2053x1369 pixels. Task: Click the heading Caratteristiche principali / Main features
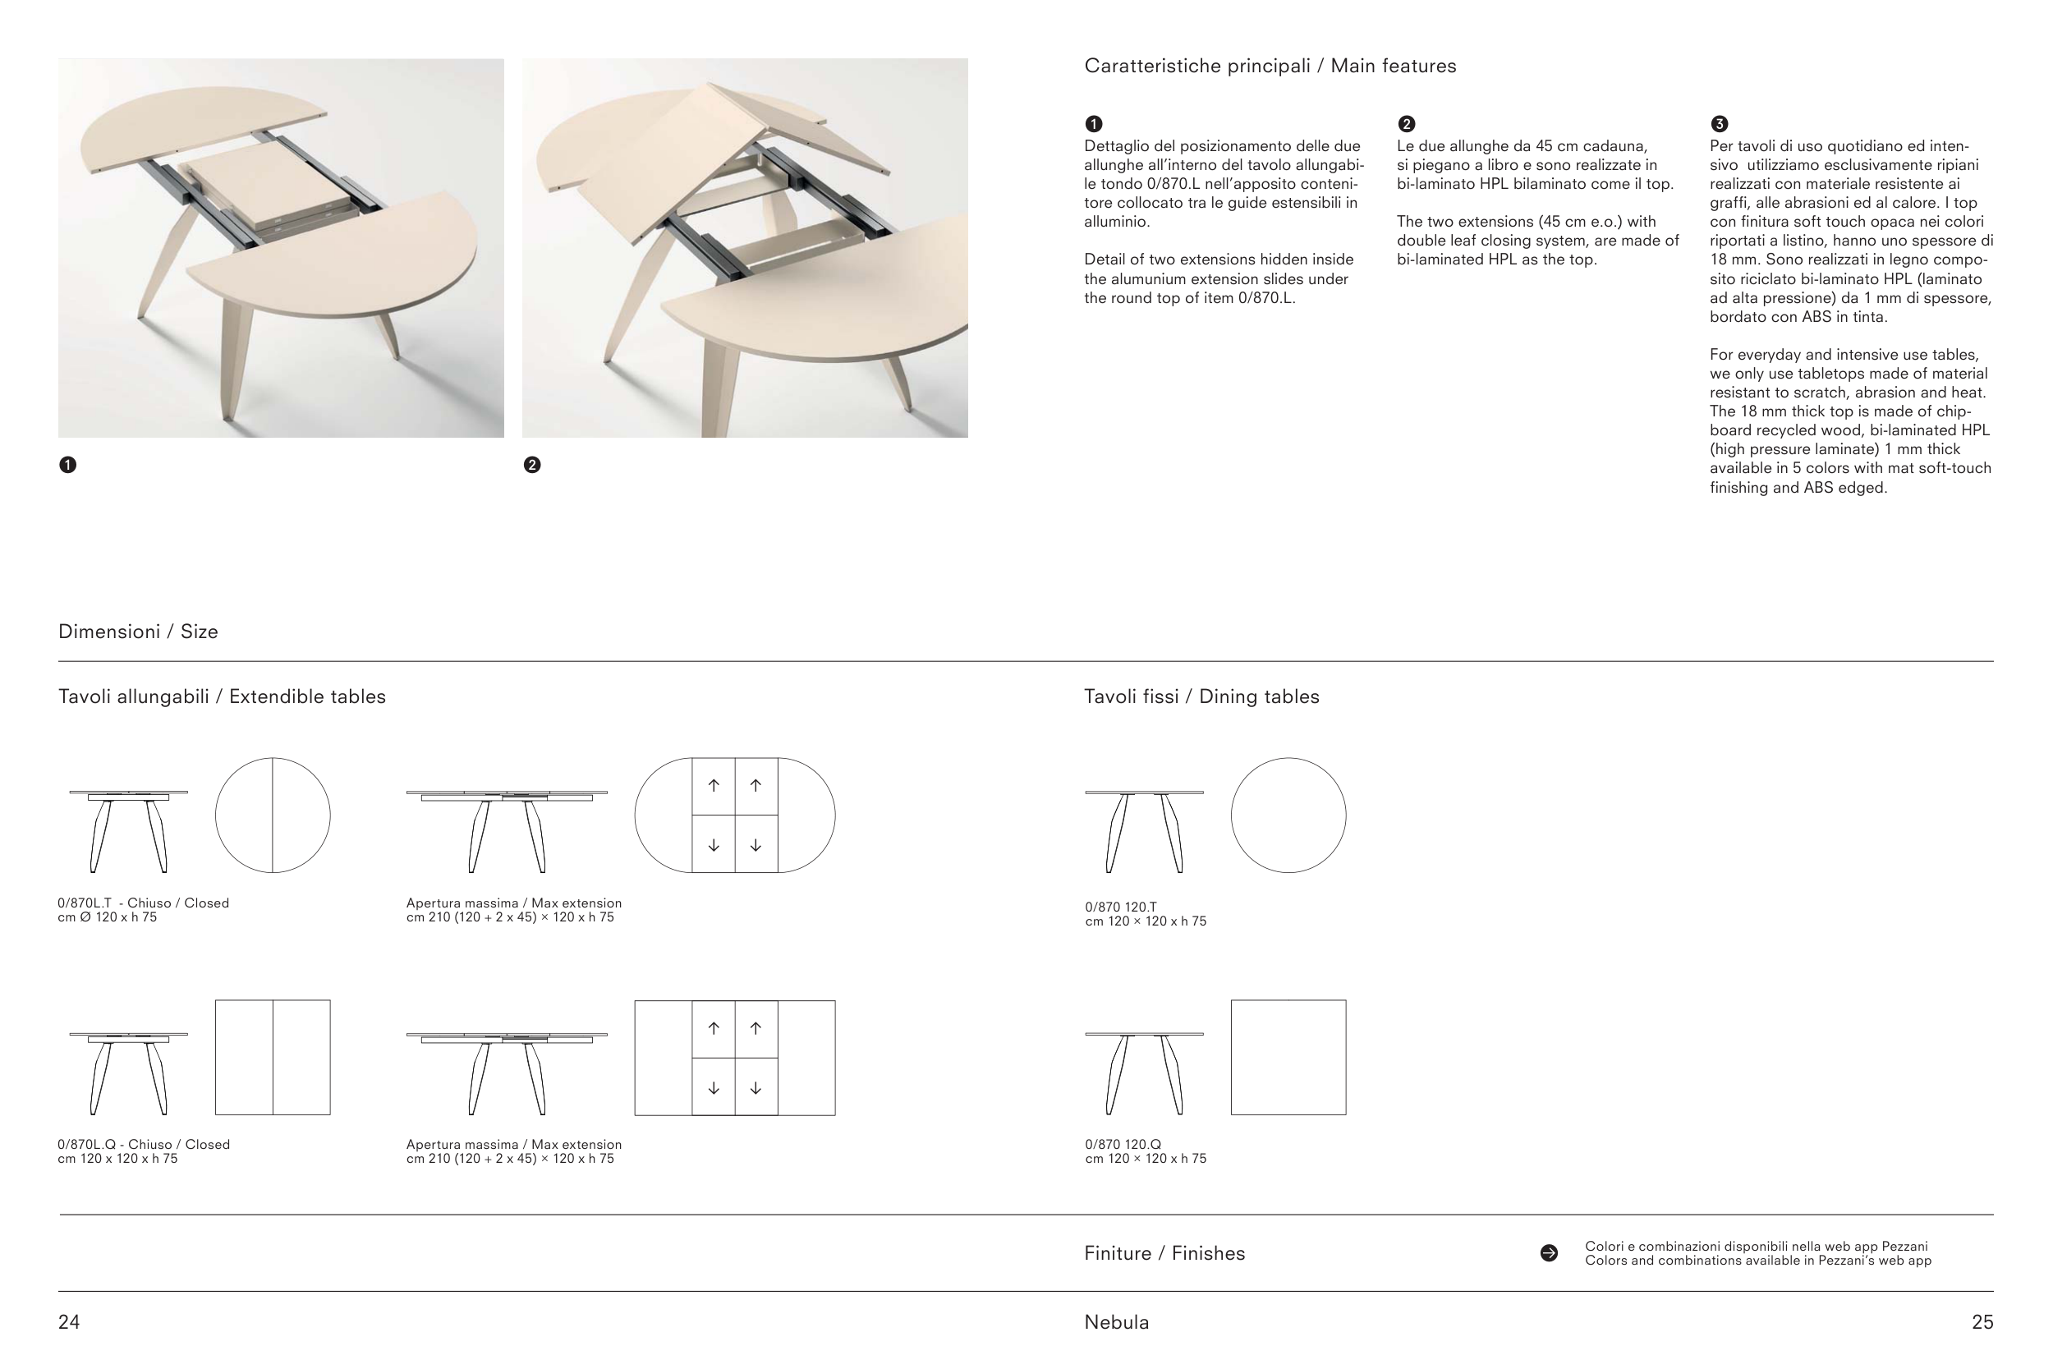pyautogui.click(x=1270, y=67)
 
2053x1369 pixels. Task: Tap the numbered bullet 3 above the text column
pyautogui.click(x=1720, y=124)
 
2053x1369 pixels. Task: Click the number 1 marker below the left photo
pyautogui.click(x=68, y=465)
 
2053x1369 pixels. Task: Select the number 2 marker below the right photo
pyautogui.click(x=532, y=465)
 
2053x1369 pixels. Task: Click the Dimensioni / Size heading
pyautogui.click(x=138, y=632)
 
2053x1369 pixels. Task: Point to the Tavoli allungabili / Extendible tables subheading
pyautogui.click(x=222, y=696)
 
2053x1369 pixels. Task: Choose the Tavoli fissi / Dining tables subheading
pyautogui.click(x=1202, y=696)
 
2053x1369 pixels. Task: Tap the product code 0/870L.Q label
pyautogui.click(x=87, y=1145)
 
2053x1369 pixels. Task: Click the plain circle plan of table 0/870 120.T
pyautogui.click(x=1288, y=758)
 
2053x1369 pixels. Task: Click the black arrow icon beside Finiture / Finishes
pyautogui.click(x=1550, y=1254)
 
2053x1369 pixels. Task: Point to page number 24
pyautogui.click(x=69, y=1322)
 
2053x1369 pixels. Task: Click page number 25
pyautogui.click(x=1982, y=1322)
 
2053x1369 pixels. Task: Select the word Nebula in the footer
pyautogui.click(x=1116, y=1322)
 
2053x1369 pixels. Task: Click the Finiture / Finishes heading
pyautogui.click(x=1164, y=1254)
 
